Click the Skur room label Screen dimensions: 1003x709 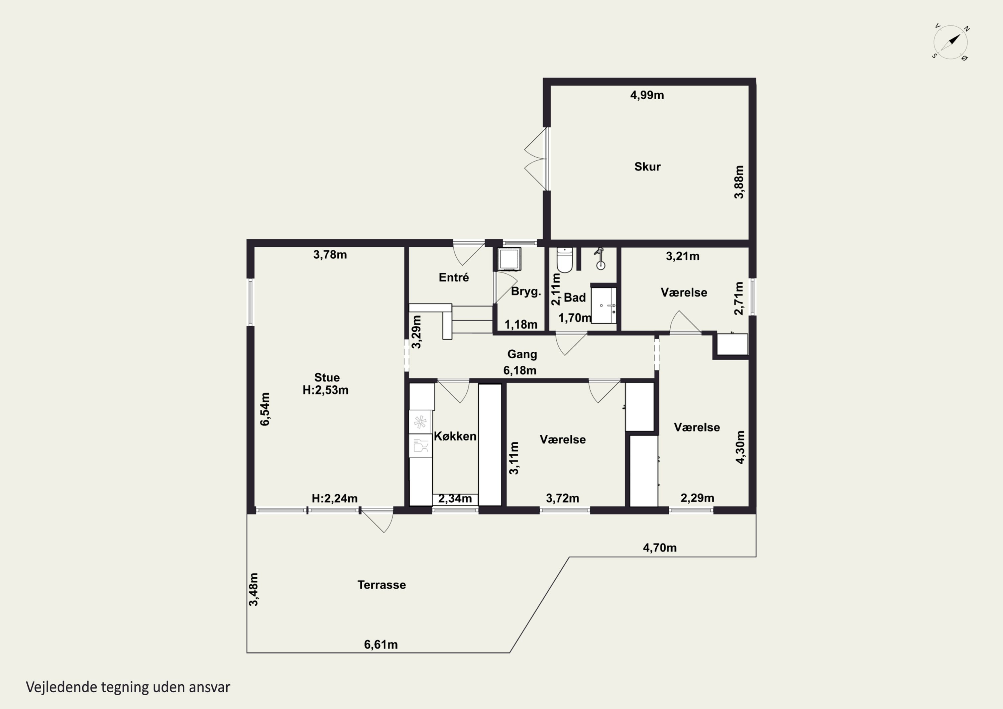pyautogui.click(x=647, y=166)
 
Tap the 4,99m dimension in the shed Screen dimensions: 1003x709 pyautogui.click(x=647, y=95)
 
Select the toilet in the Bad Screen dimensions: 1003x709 pyautogui.click(x=564, y=260)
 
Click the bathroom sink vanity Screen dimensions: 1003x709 pyautogui.click(x=604, y=305)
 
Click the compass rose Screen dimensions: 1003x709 pyautogui.click(x=951, y=42)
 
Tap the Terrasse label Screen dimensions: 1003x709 pyautogui.click(x=381, y=585)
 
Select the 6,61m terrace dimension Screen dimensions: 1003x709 pyautogui.click(x=381, y=645)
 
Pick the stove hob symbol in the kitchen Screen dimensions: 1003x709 pyautogui.click(x=420, y=422)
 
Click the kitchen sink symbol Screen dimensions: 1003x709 pyautogui.click(x=420, y=446)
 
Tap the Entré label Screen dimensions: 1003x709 pyautogui.click(x=454, y=277)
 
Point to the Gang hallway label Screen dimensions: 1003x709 pyautogui.click(x=522, y=354)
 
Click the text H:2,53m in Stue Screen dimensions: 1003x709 pyautogui.click(x=325, y=390)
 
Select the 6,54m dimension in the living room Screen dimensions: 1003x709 pyautogui.click(x=265, y=409)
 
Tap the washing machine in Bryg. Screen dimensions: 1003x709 pyautogui.click(x=509, y=259)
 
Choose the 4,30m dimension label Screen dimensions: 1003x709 pyautogui.click(x=740, y=447)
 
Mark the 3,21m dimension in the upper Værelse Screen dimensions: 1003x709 pyautogui.click(x=682, y=256)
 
